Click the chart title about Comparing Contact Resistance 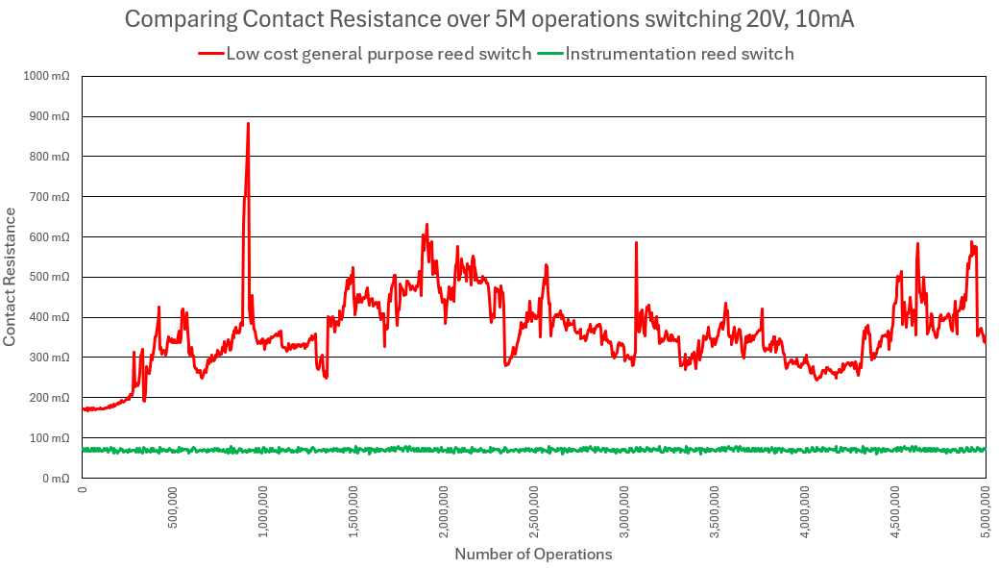click(x=490, y=19)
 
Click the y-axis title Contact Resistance click(x=11, y=276)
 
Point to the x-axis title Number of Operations click(x=533, y=554)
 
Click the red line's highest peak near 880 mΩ click(x=248, y=124)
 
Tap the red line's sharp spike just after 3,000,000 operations click(x=636, y=243)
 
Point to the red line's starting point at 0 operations click(x=84, y=408)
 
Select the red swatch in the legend click(x=210, y=54)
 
